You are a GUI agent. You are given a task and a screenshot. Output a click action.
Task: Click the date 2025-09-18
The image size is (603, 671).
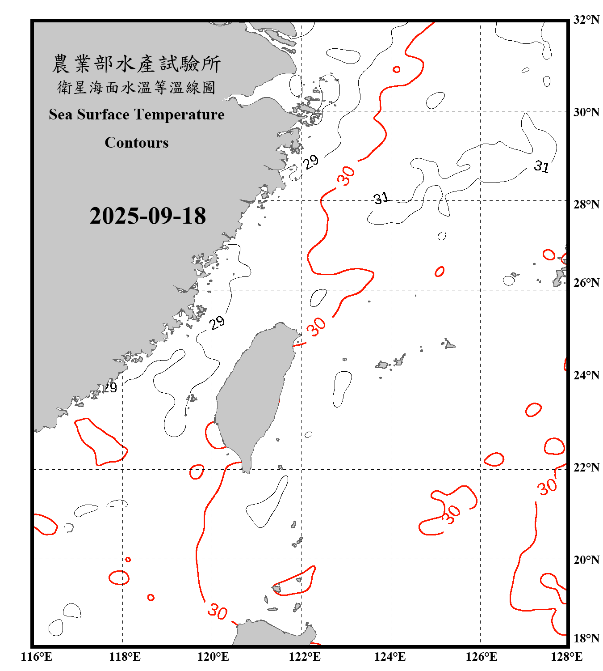pos(147,216)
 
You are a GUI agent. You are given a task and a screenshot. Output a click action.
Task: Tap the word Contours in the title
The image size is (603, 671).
pos(137,143)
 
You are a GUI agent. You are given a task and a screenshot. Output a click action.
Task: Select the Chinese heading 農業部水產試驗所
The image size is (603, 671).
pos(136,64)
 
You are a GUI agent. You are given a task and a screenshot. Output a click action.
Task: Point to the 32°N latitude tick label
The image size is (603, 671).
pos(586,20)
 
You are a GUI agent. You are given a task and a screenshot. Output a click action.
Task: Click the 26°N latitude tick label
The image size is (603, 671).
pos(586,283)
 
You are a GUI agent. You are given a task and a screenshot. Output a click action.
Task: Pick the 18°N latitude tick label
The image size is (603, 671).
pos(586,638)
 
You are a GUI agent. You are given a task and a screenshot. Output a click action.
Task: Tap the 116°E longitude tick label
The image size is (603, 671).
pos(37,657)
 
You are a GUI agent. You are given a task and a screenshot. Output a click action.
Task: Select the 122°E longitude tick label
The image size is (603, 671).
pos(305,657)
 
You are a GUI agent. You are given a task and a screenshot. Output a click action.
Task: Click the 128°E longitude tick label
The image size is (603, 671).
pos(566,657)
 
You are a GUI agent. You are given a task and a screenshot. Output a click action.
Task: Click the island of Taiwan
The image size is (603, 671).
pos(252,394)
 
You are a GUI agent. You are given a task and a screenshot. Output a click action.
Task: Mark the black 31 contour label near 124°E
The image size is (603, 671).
pos(381,198)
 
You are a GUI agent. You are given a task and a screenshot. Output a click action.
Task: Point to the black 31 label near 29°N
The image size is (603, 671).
pos(541,166)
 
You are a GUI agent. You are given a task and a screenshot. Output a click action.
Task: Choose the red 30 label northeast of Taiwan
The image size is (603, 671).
pos(317,327)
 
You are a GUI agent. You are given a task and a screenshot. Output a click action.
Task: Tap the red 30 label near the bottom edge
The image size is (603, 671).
pos(218,611)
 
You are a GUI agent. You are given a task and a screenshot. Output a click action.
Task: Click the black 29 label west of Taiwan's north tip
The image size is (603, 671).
pos(217,322)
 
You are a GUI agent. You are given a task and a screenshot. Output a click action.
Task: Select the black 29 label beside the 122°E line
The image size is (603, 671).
pos(311,161)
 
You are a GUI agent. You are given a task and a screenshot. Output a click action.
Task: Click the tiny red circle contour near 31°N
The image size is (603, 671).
pos(396,69)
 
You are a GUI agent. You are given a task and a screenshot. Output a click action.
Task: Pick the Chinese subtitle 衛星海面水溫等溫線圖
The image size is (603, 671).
pos(136,88)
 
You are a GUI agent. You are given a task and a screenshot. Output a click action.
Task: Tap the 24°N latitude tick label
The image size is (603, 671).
pos(586,375)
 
